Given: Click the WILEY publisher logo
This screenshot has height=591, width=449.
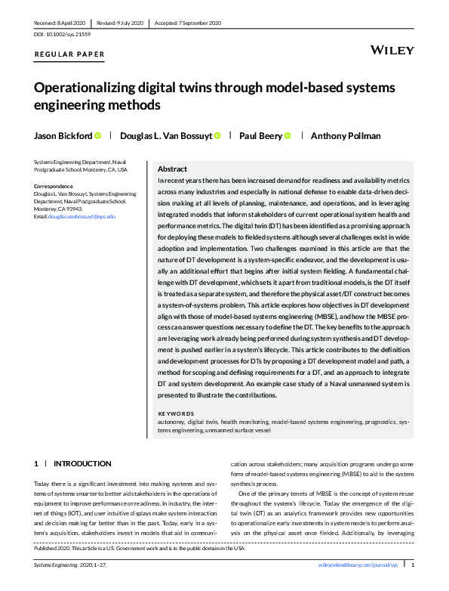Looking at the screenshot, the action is tap(393, 50).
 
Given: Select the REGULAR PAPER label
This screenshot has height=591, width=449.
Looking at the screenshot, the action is tap(69, 54).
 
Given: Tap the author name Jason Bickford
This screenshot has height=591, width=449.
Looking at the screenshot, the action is tap(62, 136).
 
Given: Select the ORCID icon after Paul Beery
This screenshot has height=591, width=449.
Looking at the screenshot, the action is tap(288, 136).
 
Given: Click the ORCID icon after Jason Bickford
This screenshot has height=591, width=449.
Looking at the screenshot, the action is tap(98, 136).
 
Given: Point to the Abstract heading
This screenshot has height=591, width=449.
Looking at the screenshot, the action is tap(173, 169).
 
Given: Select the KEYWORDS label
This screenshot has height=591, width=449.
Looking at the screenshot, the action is tap(176, 413).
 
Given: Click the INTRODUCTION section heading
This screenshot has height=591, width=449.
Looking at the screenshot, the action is tap(82, 463).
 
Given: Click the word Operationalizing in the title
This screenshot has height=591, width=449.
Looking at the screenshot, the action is tap(93, 87).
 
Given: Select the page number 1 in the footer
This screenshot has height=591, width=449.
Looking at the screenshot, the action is tap(412, 565).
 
